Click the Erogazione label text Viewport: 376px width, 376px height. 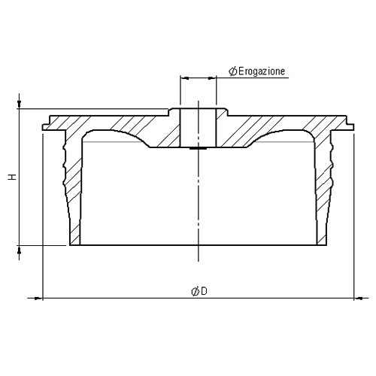[262, 71]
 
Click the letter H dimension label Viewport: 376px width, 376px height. [13, 177]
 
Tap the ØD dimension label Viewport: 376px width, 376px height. [199, 291]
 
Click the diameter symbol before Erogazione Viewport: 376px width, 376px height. [233, 71]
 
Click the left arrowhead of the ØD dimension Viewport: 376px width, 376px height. [38, 299]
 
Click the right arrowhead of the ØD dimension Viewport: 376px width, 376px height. [359, 299]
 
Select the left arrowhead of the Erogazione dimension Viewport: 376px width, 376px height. [186, 78]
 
